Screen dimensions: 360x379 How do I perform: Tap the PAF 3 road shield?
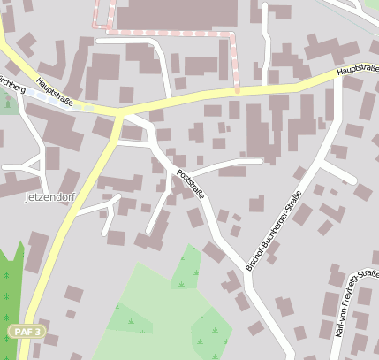tap(27, 330)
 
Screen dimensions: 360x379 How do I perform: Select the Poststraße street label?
tap(190, 183)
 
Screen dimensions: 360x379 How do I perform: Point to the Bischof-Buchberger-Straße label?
tap(274, 229)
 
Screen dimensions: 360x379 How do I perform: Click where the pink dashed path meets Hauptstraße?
tap(237, 89)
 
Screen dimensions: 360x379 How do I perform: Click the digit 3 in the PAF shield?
tap(38, 330)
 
